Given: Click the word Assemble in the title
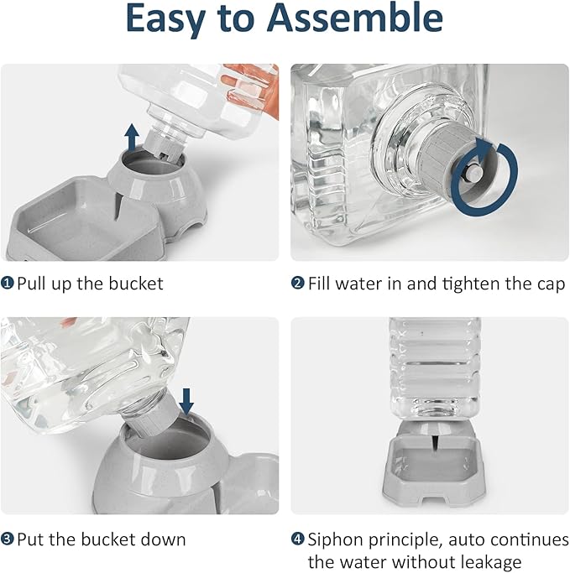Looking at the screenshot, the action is pos(354,18).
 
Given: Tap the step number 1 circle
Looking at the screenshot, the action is pos(8,284).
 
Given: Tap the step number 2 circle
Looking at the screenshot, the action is pos(298,284).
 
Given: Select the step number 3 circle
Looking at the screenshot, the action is pos(8,539).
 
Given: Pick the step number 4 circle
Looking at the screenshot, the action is pos(298,539).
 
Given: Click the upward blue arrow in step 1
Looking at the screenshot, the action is pos(132,138).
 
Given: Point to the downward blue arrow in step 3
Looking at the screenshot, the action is pos(187,401).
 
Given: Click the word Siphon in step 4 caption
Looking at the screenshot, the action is pos(336,540).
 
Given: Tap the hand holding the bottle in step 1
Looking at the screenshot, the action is pos(253,88).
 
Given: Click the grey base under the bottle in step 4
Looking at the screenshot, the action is pos(434,464).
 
